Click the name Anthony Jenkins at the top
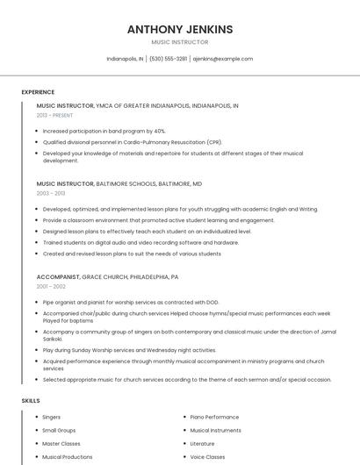tap(180, 29)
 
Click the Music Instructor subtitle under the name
tap(180, 42)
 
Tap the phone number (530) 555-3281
tap(168, 59)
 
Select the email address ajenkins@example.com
tap(223, 59)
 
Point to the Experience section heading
tap(38, 92)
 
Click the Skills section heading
tap(31, 401)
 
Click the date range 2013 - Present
tap(54, 115)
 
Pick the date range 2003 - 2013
tap(51, 193)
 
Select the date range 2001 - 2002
tap(51, 286)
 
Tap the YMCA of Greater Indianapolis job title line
tap(137, 105)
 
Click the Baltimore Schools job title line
tap(119, 183)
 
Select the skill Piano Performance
tap(214, 418)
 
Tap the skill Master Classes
tap(61, 444)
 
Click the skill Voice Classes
tap(207, 457)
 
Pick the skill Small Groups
tap(59, 431)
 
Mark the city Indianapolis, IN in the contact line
tap(125, 59)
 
